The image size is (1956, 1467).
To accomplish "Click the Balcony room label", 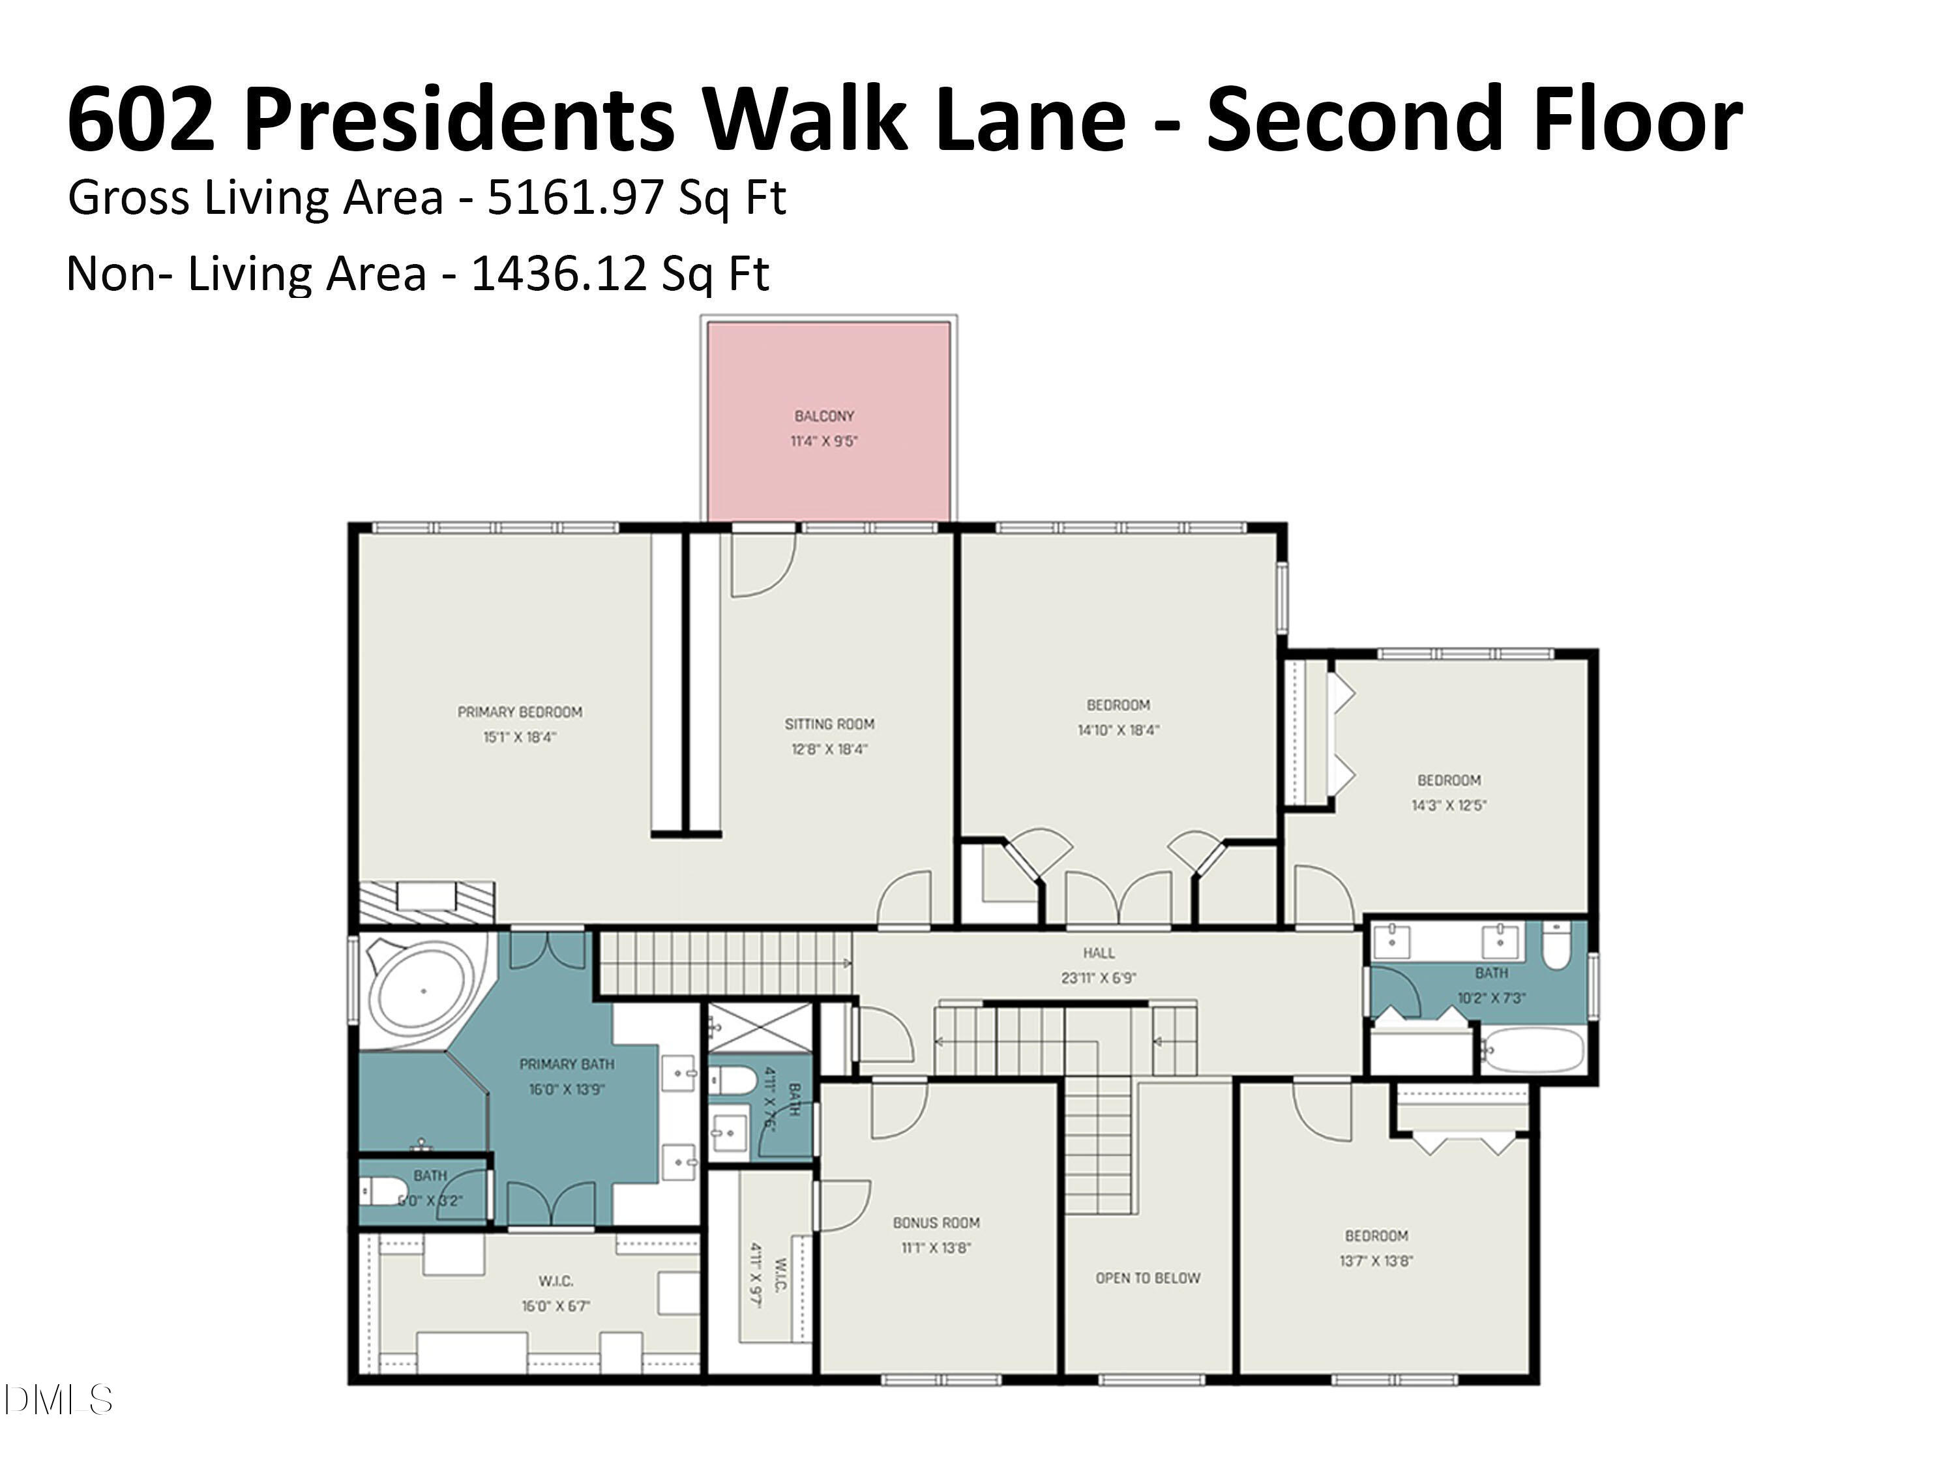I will (x=823, y=415).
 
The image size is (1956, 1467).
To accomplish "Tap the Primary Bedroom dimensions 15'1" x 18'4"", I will (x=519, y=737).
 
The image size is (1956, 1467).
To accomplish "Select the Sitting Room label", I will (x=829, y=723).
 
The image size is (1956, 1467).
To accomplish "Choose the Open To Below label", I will (x=1147, y=1278).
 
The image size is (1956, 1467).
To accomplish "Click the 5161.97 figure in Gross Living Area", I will (x=575, y=197).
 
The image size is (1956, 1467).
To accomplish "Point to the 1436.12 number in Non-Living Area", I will (x=558, y=273).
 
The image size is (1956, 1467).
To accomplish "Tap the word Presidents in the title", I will (x=466, y=119).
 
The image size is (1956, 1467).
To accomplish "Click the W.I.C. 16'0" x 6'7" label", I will (x=556, y=1281).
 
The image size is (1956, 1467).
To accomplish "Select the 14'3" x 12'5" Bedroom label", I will (x=1449, y=780).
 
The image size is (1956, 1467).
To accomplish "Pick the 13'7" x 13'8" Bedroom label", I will (x=1376, y=1236).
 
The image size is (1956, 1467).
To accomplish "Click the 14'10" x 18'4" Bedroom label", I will (x=1118, y=705).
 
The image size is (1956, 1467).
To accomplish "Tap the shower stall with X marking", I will (x=760, y=1028).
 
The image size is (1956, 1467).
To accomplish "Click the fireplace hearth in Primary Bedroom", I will (x=426, y=902).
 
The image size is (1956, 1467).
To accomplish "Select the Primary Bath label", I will (x=566, y=1064).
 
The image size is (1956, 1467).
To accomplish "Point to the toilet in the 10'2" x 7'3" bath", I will (x=1556, y=945).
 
